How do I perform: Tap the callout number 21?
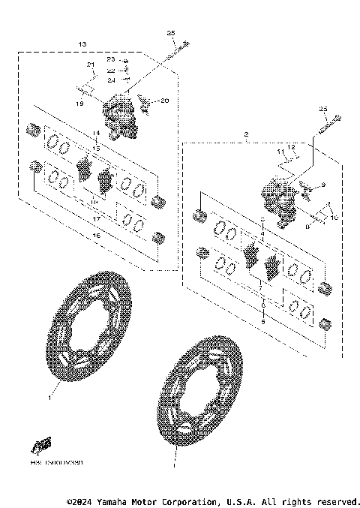[90, 65]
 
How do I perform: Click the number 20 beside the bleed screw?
[165, 101]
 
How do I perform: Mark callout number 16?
[95, 236]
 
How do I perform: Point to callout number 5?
[262, 321]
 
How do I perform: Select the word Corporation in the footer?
[184, 501]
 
